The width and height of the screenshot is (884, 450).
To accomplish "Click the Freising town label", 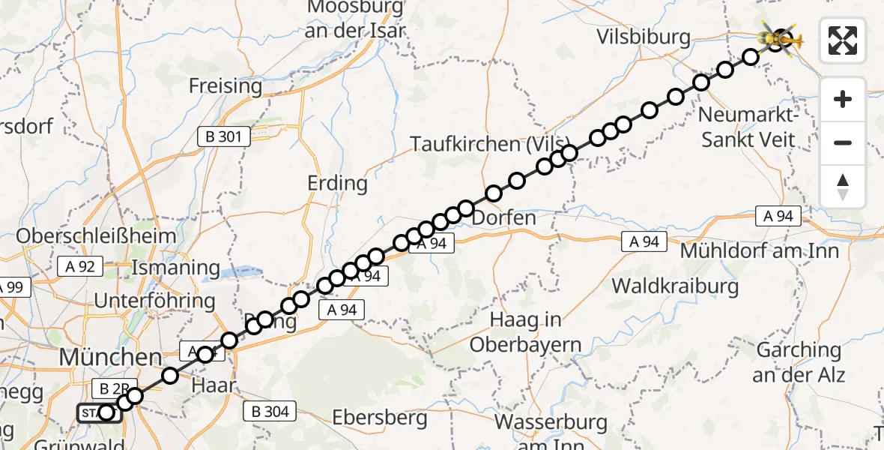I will pos(225,86).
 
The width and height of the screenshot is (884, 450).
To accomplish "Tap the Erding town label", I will pos(337,183).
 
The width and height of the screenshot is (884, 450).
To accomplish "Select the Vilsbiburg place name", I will pos(643,37).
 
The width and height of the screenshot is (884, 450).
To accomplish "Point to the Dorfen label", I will pos(504,218).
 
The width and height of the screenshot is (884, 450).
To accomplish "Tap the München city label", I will pos(110,356).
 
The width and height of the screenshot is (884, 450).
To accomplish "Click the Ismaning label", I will pos(175,268).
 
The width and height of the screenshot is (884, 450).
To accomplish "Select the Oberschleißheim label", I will pos(96,235).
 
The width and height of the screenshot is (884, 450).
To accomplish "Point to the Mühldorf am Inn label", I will pos(759,250).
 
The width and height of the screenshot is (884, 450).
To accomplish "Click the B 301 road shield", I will pos(220,136).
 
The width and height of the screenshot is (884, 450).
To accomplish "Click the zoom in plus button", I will pos(843,99).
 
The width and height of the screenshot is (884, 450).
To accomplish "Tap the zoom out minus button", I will pos(843,142).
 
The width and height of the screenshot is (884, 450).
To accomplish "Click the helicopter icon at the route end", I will pos(779,37).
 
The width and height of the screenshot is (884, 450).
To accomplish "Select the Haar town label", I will pos(214,386).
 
